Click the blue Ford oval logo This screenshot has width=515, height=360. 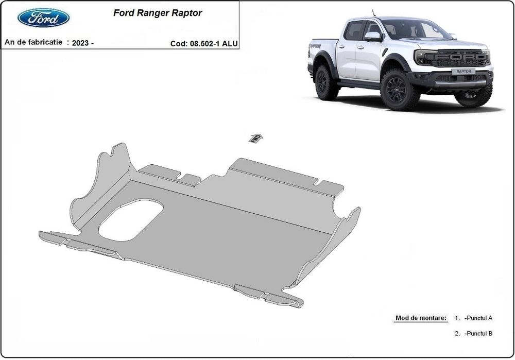point(43,18)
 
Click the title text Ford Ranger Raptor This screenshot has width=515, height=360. point(158,13)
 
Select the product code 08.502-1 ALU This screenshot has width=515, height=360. point(213,44)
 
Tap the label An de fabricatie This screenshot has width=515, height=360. point(33,43)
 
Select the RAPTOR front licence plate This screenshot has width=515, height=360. point(463,71)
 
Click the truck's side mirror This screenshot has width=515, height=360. point(373,36)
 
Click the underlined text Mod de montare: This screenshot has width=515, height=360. point(421,318)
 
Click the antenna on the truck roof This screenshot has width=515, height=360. point(374,13)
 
